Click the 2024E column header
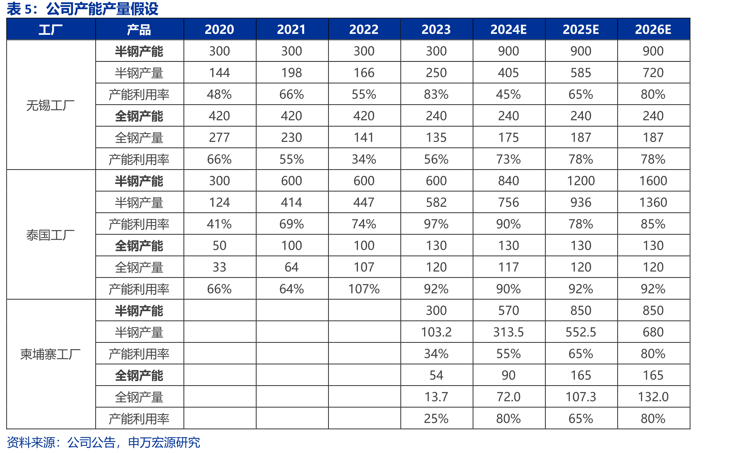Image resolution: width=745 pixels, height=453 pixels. tap(508, 29)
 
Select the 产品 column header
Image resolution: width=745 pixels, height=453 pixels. tap(139, 30)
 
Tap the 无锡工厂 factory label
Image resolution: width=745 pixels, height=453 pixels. tap(51, 105)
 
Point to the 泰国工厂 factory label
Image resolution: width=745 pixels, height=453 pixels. tap(51, 235)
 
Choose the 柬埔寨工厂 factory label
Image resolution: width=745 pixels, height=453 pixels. tap(51, 354)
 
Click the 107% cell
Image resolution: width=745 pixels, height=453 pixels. tap(364, 289)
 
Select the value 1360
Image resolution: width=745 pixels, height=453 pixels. tap(653, 202)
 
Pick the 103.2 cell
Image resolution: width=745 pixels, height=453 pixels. tap(436, 332)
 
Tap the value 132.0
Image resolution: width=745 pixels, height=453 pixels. tap(653, 397)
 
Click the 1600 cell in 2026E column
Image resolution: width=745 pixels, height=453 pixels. tap(653, 181)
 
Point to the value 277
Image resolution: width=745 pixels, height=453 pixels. tap(219, 138)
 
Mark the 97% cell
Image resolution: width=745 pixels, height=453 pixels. tap(436, 224)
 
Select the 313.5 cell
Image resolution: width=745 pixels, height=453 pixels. tap(508, 332)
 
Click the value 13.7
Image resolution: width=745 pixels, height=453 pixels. tap(436, 397)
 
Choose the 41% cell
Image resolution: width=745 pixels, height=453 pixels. tap(219, 224)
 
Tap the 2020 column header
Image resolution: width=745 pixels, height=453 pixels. tap(219, 29)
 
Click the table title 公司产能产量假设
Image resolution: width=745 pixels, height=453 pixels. tap(102, 9)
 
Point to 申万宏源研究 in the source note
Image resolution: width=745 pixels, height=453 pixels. tap(164, 442)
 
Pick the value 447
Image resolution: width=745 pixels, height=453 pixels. tap(364, 202)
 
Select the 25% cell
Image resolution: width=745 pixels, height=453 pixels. tap(436, 418)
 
